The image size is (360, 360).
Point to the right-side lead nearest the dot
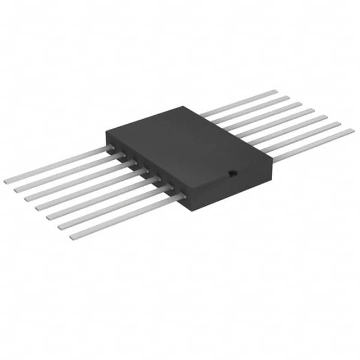click(x=315, y=145)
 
